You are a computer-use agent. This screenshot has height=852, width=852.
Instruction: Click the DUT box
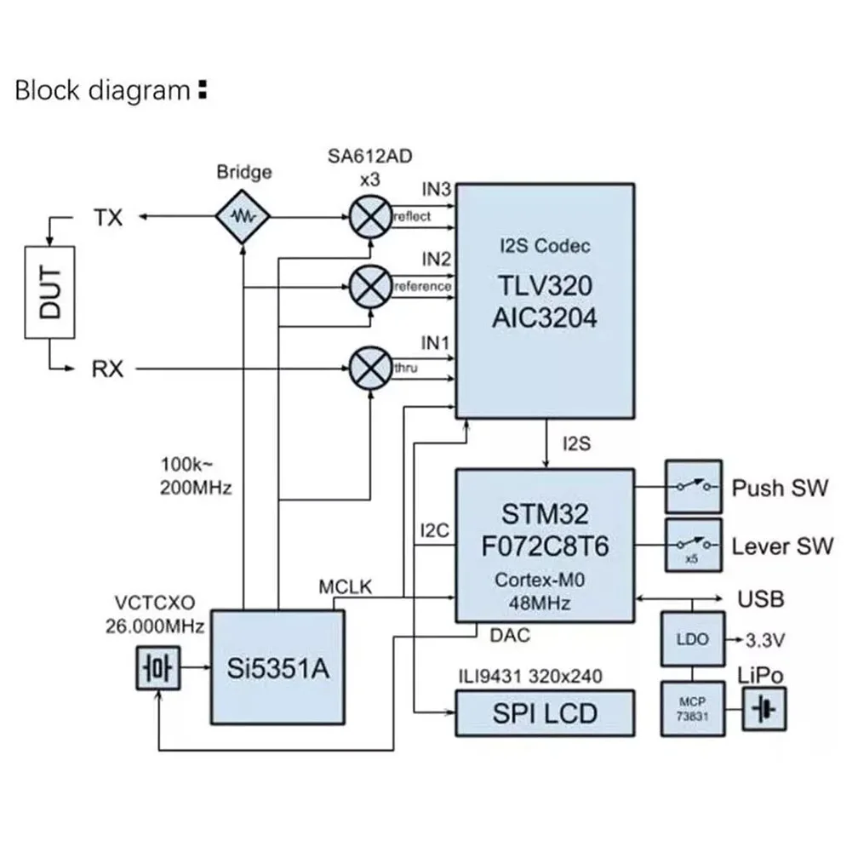pos(50,291)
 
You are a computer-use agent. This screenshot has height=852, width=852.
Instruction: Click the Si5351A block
pos(279,666)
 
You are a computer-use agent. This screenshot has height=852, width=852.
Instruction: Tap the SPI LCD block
pos(546,712)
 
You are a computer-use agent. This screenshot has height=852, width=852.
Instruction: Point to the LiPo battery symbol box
pos(765,709)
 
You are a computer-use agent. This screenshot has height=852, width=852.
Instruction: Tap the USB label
pos(761,599)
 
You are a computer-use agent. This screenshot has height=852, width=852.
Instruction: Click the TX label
pos(107,218)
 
